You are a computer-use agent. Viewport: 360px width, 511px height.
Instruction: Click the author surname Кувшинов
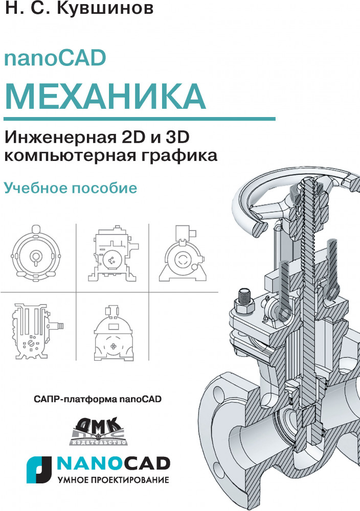pos(105,8)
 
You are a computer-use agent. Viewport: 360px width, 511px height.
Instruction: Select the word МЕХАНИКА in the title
pos(105,97)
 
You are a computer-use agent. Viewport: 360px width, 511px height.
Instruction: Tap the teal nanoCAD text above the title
pos(55,58)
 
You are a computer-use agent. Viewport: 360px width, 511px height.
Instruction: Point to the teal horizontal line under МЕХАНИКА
pos(140,119)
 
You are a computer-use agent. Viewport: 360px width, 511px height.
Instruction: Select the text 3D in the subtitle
pos(178,137)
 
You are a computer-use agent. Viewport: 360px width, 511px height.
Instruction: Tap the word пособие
pos(104,188)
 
